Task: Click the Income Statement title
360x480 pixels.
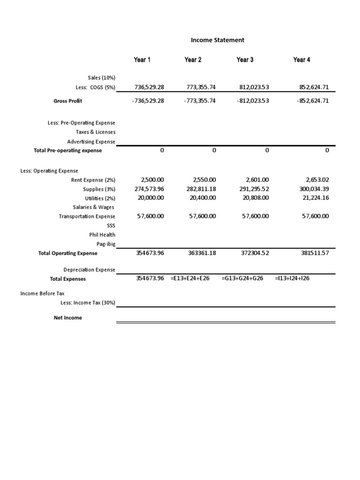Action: click(217, 40)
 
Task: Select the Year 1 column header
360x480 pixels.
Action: click(142, 60)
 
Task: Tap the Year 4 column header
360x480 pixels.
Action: click(301, 60)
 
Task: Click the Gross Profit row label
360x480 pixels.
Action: click(68, 101)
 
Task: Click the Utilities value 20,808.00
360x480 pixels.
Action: click(256, 198)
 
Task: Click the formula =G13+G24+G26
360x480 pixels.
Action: click(242, 278)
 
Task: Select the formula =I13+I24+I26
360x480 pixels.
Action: click(292, 278)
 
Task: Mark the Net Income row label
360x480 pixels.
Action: click(68, 318)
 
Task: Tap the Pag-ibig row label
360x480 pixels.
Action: click(105, 244)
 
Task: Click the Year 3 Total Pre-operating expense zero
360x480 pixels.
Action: click(267, 150)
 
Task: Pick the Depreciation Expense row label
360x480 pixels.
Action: click(89, 270)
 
